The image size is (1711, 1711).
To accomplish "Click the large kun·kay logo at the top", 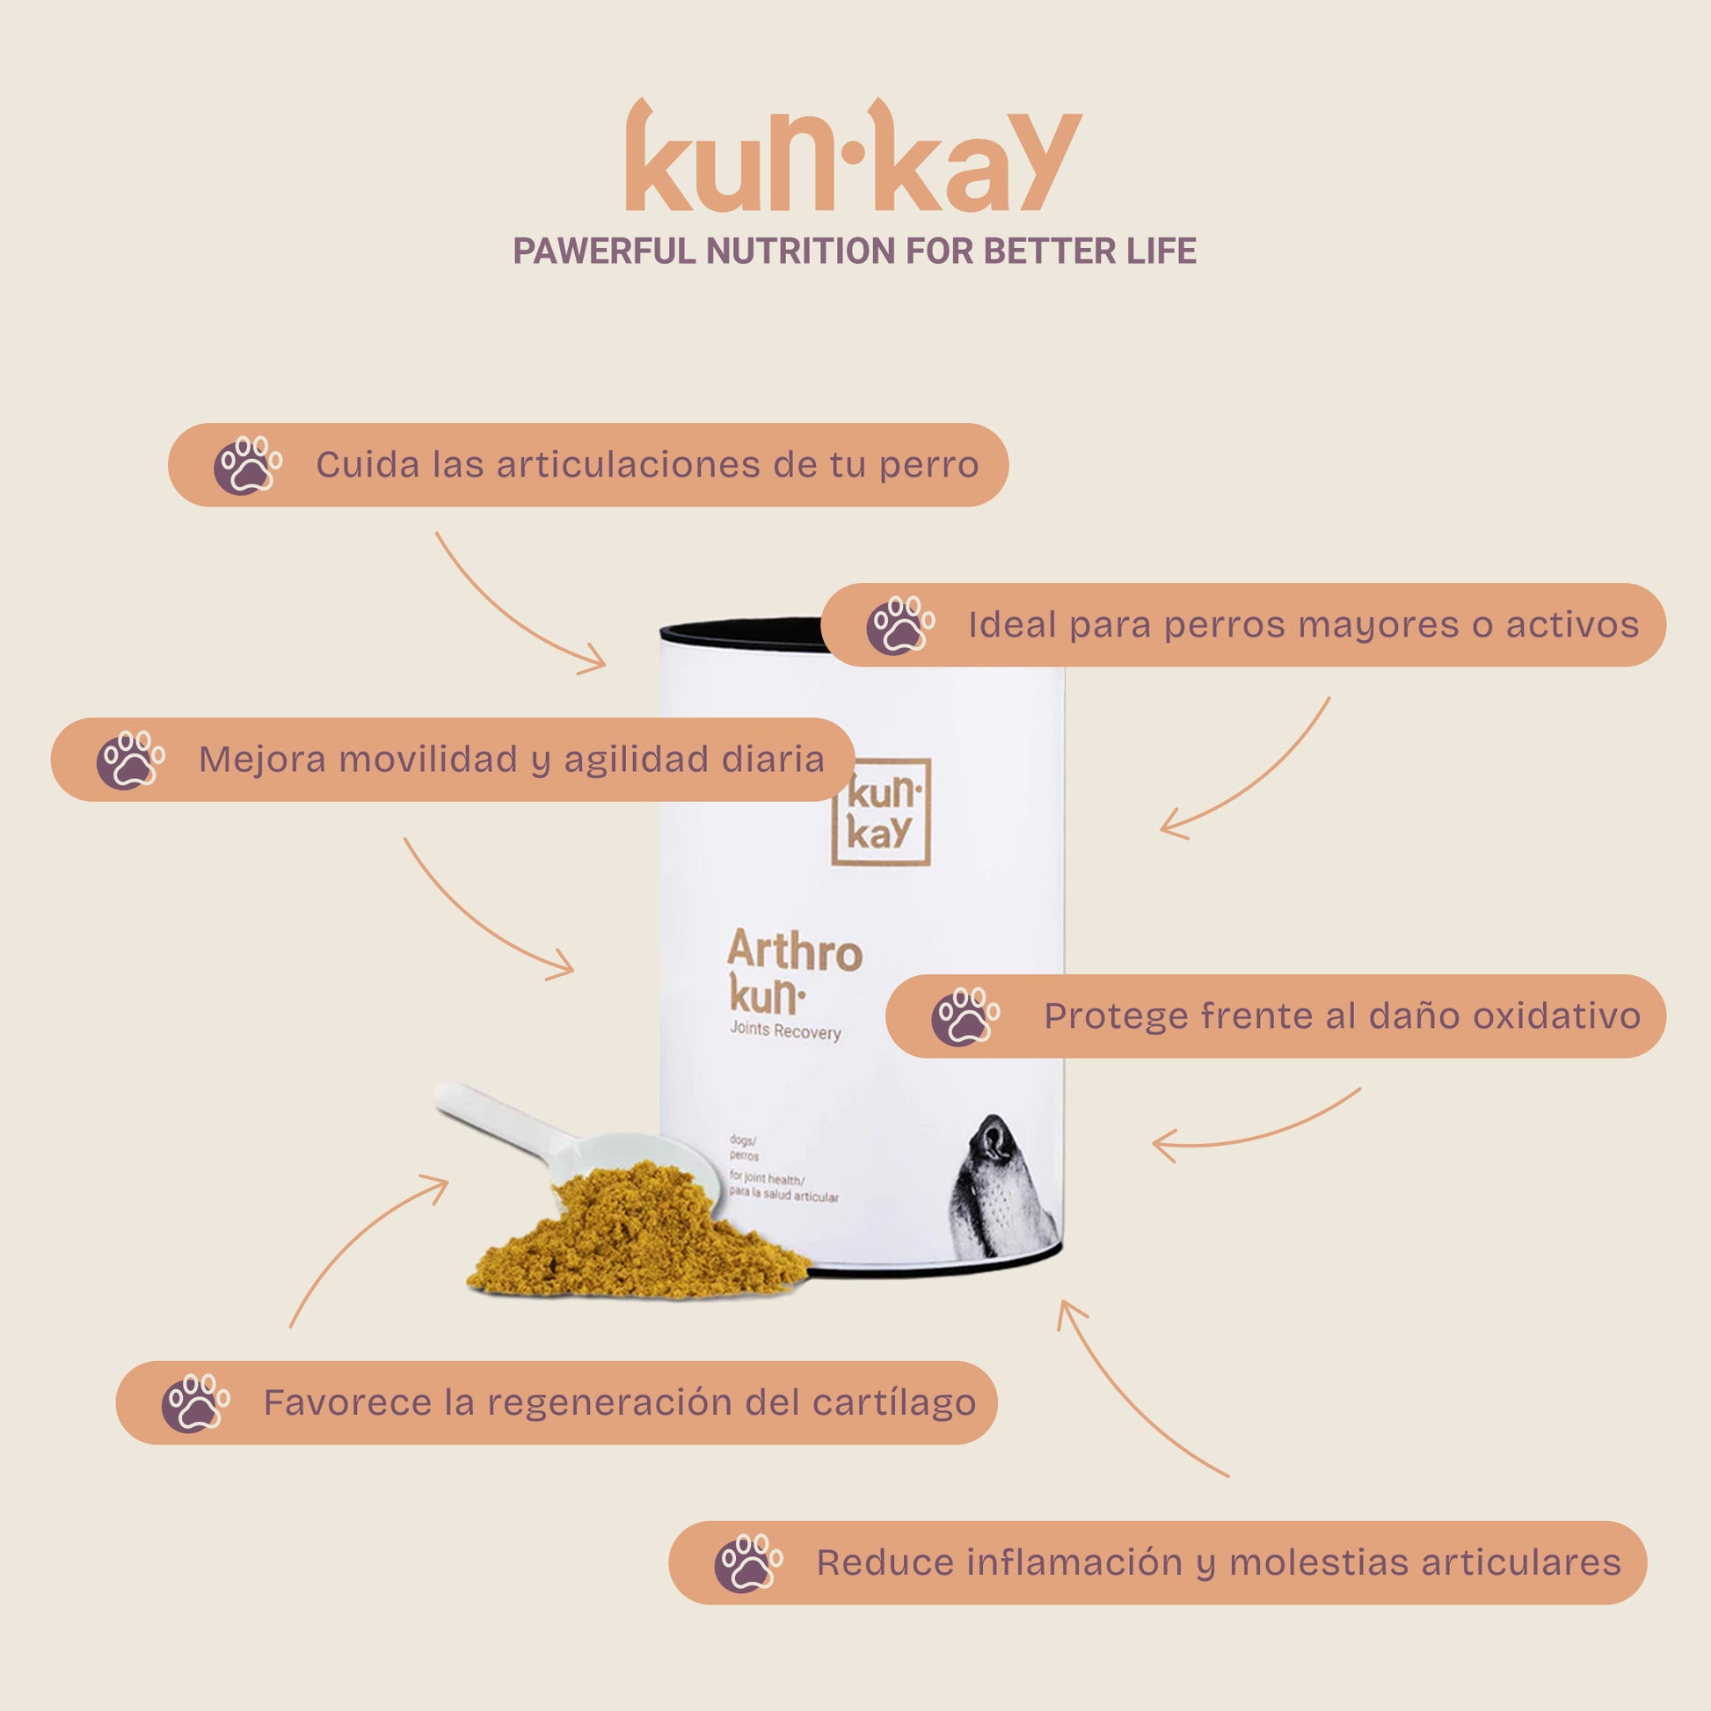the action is click(x=854, y=155).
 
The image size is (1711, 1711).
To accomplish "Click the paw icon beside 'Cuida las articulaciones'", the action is click(x=247, y=465).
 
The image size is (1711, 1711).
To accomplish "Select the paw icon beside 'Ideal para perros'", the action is click(x=899, y=625).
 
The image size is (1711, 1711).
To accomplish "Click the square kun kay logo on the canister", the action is click(x=880, y=812).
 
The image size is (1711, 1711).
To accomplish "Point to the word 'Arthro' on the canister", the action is click(x=795, y=950).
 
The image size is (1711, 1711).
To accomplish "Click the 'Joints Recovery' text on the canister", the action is click(x=784, y=1030).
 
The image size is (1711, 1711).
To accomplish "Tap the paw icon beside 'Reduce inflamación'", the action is click(x=748, y=1563).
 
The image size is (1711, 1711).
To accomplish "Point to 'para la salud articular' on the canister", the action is click(x=783, y=1195).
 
